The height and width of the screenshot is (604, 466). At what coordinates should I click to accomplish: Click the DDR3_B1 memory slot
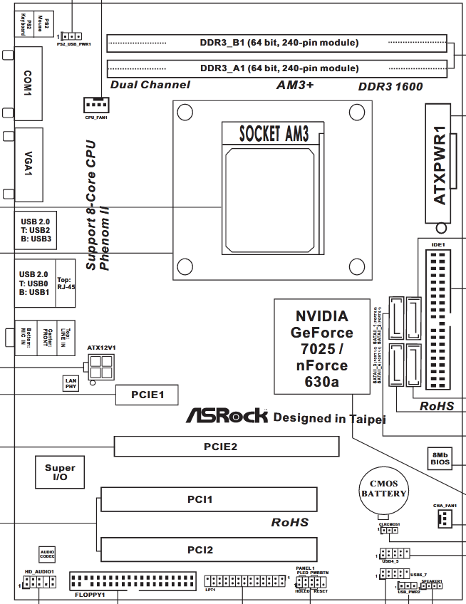279,43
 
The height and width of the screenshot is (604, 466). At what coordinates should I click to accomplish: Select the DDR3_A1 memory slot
279,68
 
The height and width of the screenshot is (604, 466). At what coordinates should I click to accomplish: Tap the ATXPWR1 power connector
440,165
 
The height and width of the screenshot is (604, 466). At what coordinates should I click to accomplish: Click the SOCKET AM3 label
274,133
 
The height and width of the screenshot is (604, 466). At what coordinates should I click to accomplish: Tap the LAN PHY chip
71,384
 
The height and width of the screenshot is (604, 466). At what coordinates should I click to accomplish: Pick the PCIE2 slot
227,447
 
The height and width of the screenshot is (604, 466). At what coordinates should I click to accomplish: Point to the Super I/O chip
60,472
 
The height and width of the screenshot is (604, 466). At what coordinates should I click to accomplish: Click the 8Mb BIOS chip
440,457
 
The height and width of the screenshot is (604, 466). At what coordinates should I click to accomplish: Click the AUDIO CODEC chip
48,553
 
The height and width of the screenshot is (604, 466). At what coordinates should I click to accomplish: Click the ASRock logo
227,416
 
